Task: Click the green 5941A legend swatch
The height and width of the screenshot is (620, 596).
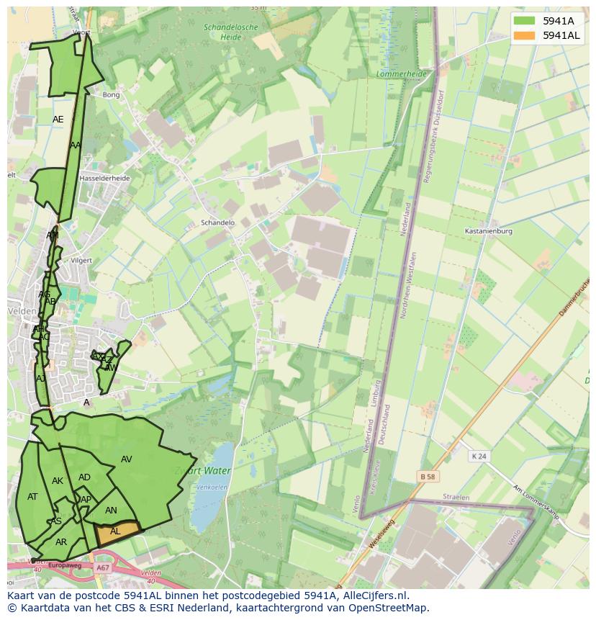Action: point(525,21)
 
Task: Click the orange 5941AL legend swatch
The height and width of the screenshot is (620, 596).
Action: point(525,35)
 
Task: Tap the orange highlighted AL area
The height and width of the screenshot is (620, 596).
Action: point(118,532)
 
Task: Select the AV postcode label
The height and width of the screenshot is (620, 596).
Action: point(127,459)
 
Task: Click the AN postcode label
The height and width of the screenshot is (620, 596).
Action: point(111,511)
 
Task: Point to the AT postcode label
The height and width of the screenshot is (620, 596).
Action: point(32,497)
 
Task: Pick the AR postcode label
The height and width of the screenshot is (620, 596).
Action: point(61,542)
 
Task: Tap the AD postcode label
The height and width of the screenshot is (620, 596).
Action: point(85,477)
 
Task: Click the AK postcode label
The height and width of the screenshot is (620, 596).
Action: point(58,481)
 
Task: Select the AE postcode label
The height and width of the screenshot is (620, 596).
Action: point(58,120)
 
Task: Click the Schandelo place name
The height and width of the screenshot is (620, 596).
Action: point(218,223)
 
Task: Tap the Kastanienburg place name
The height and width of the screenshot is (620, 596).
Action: point(489,231)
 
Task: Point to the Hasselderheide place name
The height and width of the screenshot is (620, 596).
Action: point(105,178)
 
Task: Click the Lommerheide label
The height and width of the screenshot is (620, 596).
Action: point(402,74)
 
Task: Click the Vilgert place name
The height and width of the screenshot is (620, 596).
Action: point(81,260)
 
